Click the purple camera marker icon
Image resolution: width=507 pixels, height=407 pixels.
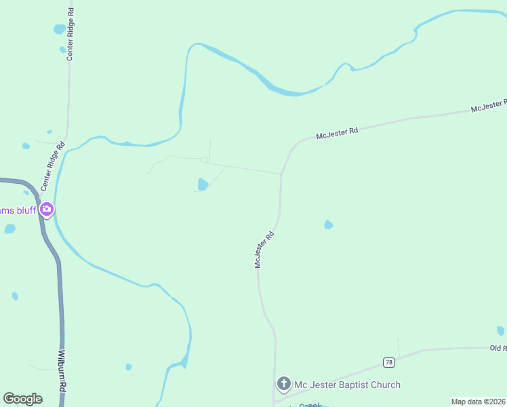[47, 209]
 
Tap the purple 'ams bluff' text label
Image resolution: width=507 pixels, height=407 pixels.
[17, 210]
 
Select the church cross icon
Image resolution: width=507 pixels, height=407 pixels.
[283, 385]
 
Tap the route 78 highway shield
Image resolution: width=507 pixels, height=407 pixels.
[388, 362]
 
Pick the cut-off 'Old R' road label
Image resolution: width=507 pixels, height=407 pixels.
[498, 348]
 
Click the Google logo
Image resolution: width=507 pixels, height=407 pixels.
[22, 399]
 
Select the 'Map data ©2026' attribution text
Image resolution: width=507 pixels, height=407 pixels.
[478, 402]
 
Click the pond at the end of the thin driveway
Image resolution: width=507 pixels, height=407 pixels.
[203, 184]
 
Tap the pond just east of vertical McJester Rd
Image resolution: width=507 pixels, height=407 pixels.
[329, 225]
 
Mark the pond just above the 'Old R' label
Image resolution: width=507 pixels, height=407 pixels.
[500, 331]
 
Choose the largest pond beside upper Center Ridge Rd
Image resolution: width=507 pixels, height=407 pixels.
[60, 29]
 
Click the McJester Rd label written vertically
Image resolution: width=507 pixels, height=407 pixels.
[264, 249]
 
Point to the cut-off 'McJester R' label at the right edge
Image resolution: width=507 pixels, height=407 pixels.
[489, 106]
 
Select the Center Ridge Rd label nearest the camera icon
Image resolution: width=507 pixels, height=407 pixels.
[52, 166]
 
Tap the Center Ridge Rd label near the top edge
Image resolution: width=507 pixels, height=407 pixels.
[70, 33]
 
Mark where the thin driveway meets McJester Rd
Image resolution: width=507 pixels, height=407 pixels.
[281, 174]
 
